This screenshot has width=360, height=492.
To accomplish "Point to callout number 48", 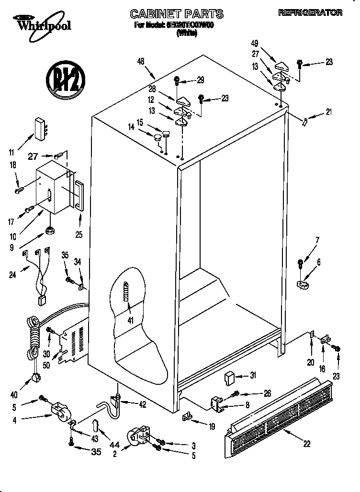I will pyautogui.click(x=141, y=61).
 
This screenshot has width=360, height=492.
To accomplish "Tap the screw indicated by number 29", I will pyautogui.click(x=177, y=80).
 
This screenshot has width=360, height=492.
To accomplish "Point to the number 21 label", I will pyautogui.click(x=328, y=112).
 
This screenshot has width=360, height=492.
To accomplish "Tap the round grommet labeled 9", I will pyautogui.click(x=49, y=232).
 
